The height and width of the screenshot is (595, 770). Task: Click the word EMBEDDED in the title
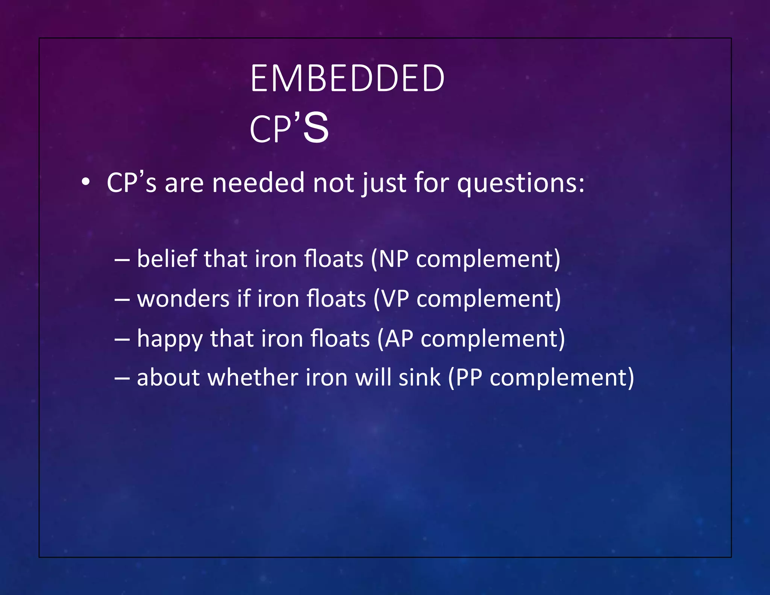pyautogui.click(x=347, y=78)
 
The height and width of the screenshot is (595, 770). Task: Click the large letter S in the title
pyautogui.click(x=316, y=128)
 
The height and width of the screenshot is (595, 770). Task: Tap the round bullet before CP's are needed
pyautogui.click(x=86, y=182)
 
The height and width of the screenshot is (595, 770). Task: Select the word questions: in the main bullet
pyautogui.click(x=521, y=183)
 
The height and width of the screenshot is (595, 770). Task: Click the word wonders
pyautogui.click(x=183, y=299)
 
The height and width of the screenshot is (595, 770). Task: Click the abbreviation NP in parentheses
pyautogui.click(x=393, y=259)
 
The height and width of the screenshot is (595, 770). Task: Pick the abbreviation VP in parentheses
pyautogui.click(x=394, y=299)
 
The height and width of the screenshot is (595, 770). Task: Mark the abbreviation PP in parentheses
pyautogui.click(x=468, y=378)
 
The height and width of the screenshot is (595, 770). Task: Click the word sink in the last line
pyautogui.click(x=419, y=378)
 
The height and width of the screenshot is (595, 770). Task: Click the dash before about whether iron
pyautogui.click(x=122, y=378)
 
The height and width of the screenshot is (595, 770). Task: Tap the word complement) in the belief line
pyautogui.click(x=488, y=260)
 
